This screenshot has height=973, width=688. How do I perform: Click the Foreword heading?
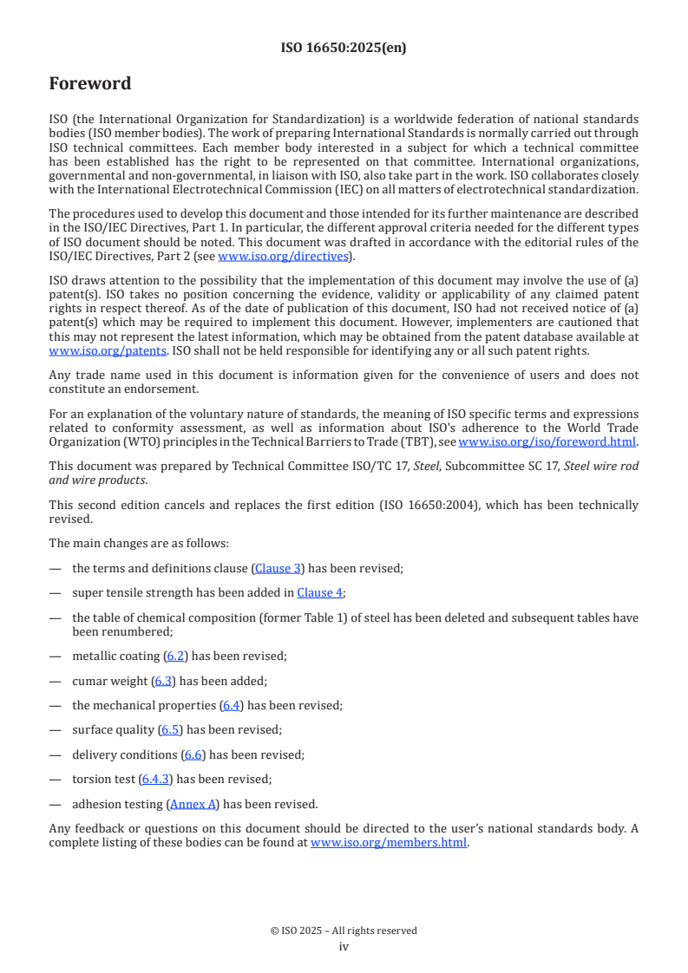(90, 84)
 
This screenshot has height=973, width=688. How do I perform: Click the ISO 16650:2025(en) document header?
(344, 48)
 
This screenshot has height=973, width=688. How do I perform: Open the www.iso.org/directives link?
(283, 256)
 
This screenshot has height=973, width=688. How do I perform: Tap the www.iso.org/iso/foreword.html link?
(547, 441)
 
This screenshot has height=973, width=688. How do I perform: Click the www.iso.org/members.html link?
(389, 841)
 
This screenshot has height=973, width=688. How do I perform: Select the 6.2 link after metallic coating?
(175, 656)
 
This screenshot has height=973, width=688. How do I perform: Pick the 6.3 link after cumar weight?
(163, 681)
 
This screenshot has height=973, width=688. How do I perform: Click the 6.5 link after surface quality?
(171, 729)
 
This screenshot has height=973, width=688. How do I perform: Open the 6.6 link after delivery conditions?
(193, 754)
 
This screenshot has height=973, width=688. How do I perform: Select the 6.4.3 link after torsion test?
(157, 779)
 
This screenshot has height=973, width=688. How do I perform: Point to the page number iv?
(344, 946)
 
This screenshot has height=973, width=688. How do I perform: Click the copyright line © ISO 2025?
(344, 931)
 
